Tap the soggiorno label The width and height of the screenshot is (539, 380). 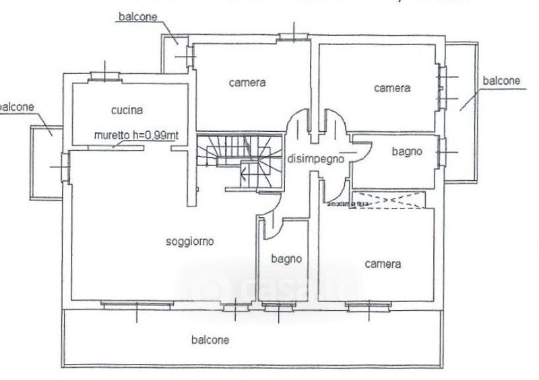190,242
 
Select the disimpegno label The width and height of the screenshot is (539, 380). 316,159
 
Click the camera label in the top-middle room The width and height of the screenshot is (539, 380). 247,83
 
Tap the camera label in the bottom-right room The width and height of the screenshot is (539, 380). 383,264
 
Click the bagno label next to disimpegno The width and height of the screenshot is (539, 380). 407,152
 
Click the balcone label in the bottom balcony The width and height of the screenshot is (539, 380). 210,340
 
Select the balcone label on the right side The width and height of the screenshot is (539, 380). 501,81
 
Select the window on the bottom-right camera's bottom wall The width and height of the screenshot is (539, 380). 369,306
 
